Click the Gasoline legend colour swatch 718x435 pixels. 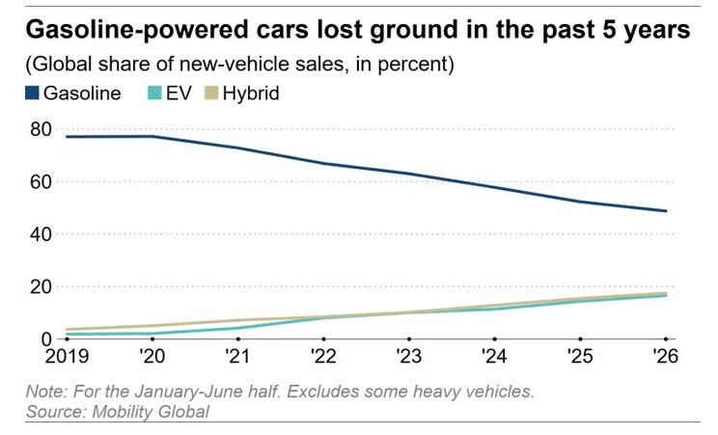pyautogui.click(x=32, y=94)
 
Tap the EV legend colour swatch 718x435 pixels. pyautogui.click(x=154, y=94)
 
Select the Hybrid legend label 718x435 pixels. pyautogui.click(x=251, y=94)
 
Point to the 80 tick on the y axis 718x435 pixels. pyautogui.click(x=41, y=129)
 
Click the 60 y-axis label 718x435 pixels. pyautogui.click(x=41, y=181)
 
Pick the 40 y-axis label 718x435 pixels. pyautogui.click(x=41, y=234)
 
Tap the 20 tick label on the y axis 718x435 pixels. pyautogui.click(x=41, y=287)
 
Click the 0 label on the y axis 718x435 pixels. pyautogui.click(x=46, y=340)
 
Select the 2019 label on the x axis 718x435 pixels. pyautogui.click(x=67, y=356)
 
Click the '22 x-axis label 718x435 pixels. pyautogui.click(x=323, y=356)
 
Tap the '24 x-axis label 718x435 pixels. pyautogui.click(x=494, y=356)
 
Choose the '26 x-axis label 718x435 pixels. pyautogui.click(x=665, y=356)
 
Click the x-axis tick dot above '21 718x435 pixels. pyautogui.click(x=238, y=340)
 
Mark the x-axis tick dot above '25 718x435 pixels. pyautogui.click(x=580, y=340)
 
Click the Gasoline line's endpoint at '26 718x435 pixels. pyautogui.click(x=666, y=211)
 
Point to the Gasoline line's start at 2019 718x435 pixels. pyautogui.click(x=67, y=136)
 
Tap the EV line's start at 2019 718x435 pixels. pyautogui.click(x=67, y=335)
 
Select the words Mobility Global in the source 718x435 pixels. pyautogui.click(x=151, y=412)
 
